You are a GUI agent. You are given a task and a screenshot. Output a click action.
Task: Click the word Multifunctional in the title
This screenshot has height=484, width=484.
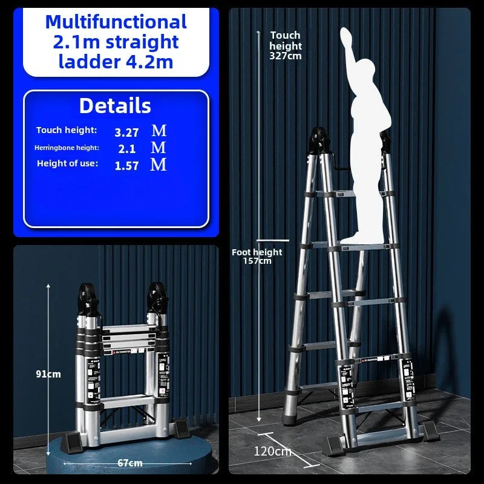coord(116,22)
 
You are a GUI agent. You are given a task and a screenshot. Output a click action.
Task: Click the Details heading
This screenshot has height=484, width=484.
coord(115,106)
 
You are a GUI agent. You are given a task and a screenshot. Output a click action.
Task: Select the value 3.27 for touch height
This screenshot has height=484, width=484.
coord(126,131)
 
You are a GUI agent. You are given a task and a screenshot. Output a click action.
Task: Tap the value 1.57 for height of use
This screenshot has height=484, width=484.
coord(126,165)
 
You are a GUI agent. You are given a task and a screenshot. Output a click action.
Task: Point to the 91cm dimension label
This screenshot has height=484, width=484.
coord(48,374)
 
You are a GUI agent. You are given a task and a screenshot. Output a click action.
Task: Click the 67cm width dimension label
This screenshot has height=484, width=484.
coord(130,463)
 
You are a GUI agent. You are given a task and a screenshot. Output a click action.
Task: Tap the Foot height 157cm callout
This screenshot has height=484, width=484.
coord(258,256)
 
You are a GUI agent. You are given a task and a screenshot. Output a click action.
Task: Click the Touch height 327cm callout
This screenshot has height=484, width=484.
coord(286,45)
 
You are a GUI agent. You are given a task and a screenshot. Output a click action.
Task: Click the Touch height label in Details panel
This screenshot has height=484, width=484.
coord(67,131)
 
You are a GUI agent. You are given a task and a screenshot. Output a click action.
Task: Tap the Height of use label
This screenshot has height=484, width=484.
coord(67,163)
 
